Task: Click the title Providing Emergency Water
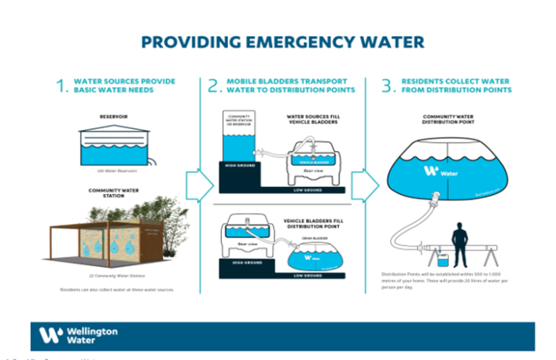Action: (282, 41)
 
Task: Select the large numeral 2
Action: (212, 86)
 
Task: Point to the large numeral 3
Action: (387, 86)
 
